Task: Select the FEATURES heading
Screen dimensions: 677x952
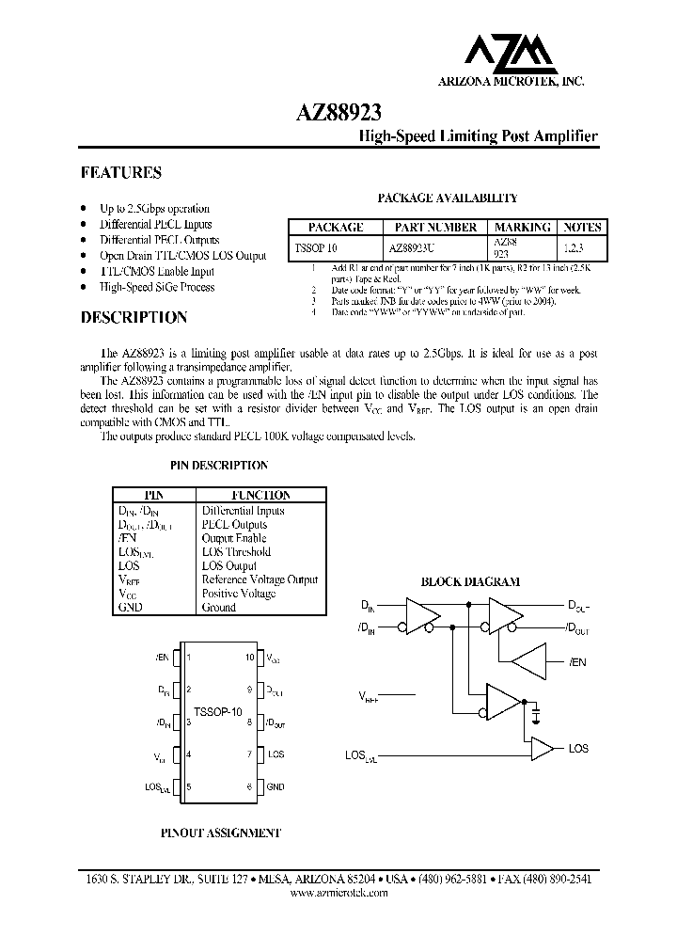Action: [120, 173]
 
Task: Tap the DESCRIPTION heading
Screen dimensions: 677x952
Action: [134, 318]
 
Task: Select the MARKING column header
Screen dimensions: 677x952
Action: [523, 228]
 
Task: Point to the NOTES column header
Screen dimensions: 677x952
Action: [582, 228]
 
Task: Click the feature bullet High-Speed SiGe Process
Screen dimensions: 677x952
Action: [157, 287]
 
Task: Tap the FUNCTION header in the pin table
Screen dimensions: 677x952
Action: [260, 495]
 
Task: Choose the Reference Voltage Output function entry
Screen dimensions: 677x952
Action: [260, 579]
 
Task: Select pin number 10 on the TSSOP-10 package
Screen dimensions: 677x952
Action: [250, 658]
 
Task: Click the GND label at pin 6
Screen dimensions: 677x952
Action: [276, 786]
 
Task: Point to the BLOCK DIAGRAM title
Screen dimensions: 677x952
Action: [469, 582]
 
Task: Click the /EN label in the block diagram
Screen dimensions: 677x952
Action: [577, 662]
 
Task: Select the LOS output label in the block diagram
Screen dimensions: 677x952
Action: [578, 748]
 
